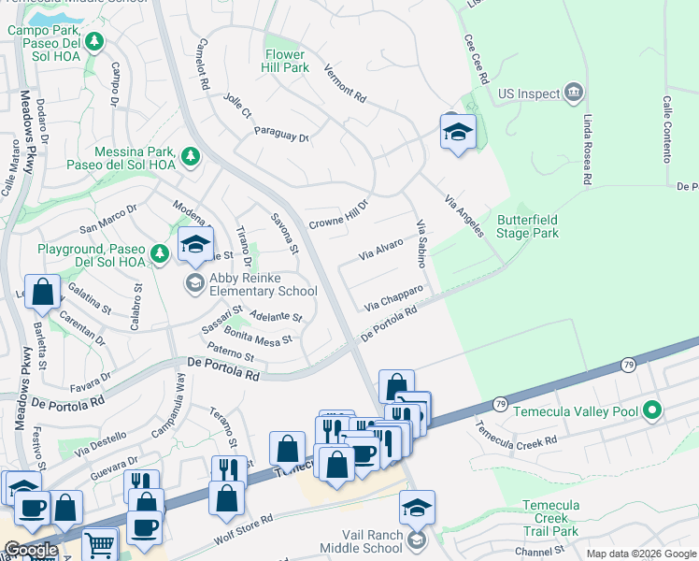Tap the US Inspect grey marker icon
pos(574,93)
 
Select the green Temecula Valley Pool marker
pos(653,410)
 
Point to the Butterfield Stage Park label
pos(528,226)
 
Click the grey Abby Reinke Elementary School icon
pos(194,283)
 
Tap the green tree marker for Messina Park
pos(190,156)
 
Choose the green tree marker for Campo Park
pos(93,42)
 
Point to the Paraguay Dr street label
pos(282,133)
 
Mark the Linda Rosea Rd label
pos(587,150)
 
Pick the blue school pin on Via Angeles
pos(458,133)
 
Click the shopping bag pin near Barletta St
pos(42,291)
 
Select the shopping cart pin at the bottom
pos(99,545)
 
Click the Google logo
pos(30,550)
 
